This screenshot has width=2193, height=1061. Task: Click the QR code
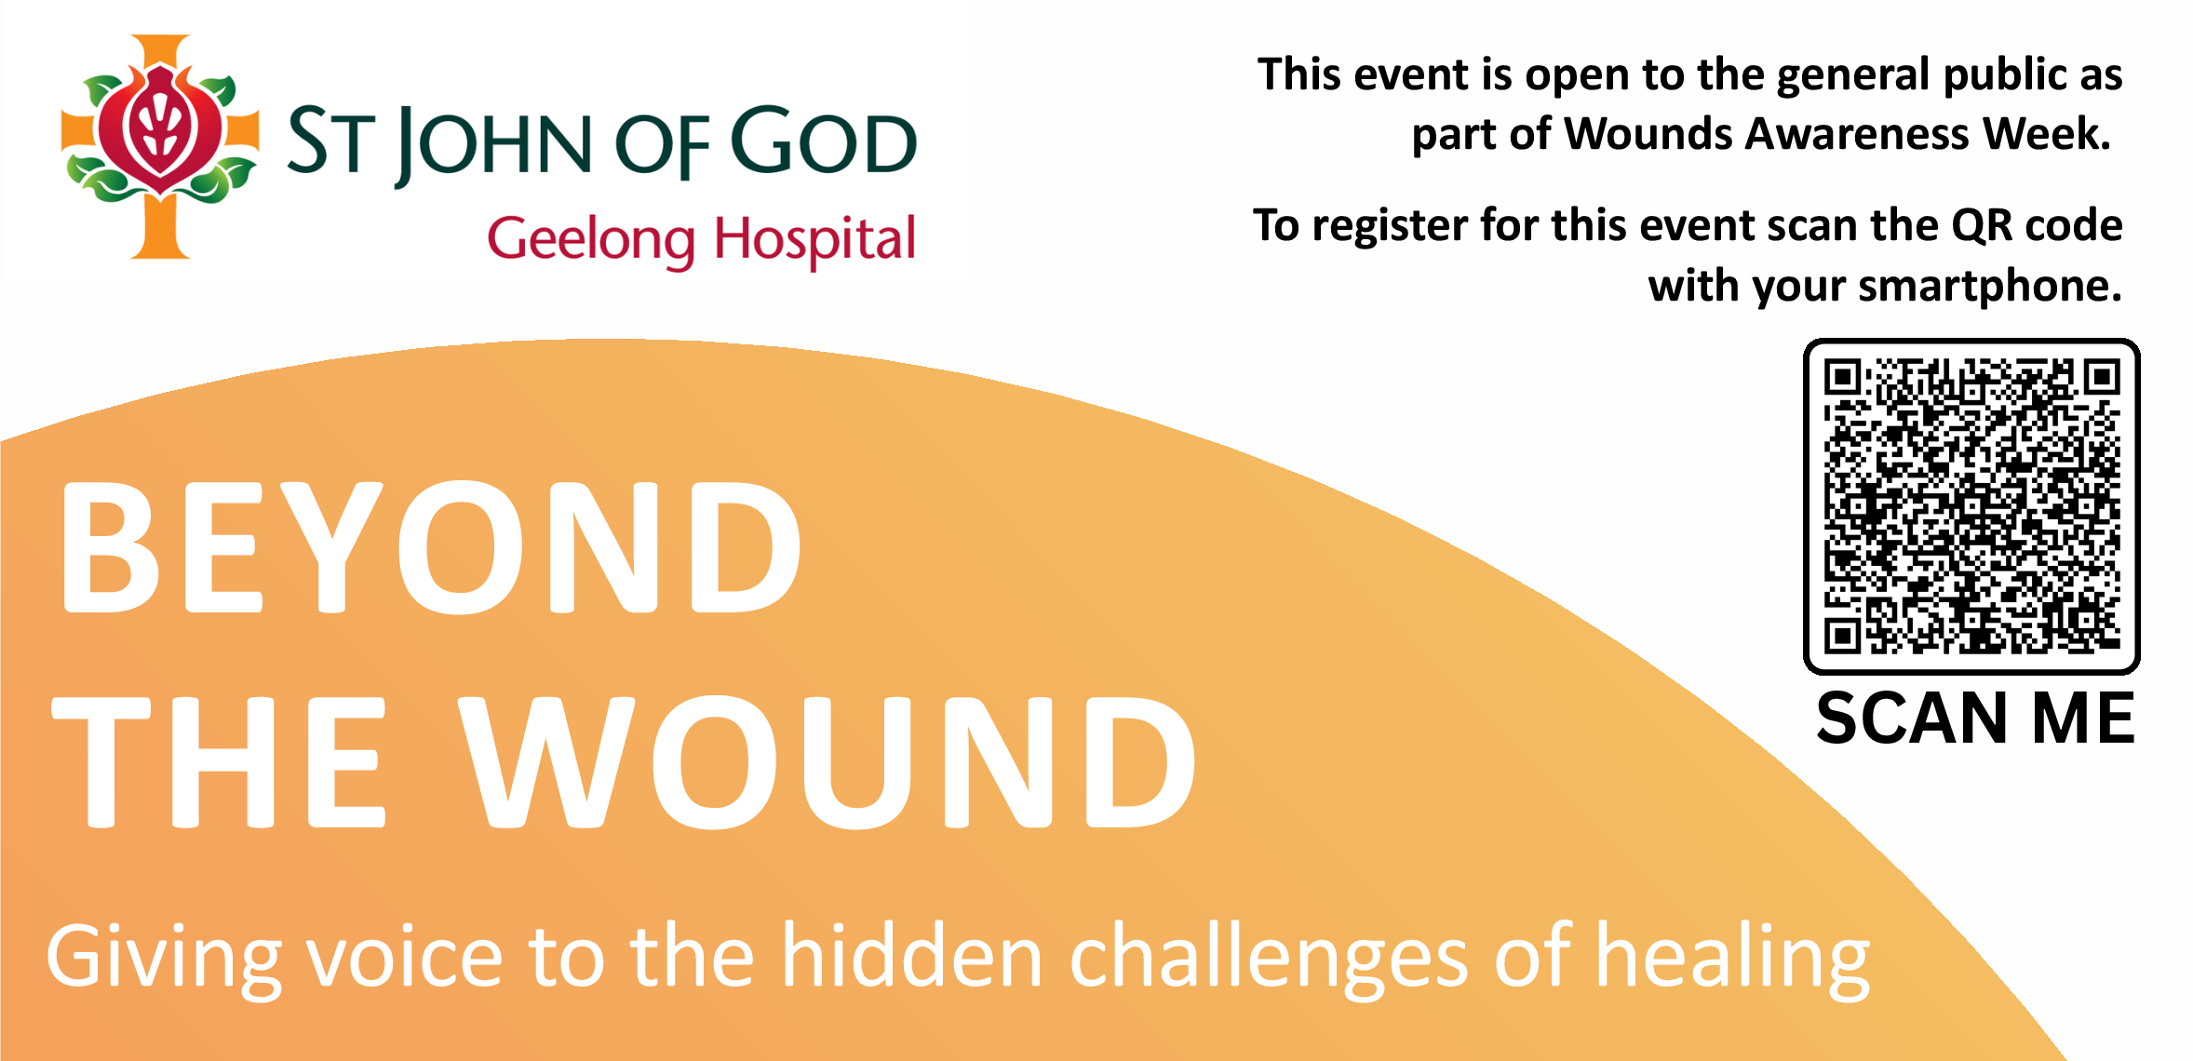(x=1971, y=506)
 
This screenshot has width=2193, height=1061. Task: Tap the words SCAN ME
(x=1975, y=719)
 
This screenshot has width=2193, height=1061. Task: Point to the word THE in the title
(x=219, y=762)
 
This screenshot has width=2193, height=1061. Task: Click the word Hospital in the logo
(x=814, y=240)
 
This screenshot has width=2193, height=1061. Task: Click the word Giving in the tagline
(x=164, y=960)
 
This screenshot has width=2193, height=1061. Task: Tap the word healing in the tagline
(x=1733, y=960)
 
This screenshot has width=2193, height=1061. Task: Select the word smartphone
(x=1989, y=287)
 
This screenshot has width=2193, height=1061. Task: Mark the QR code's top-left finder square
(x=1842, y=378)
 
